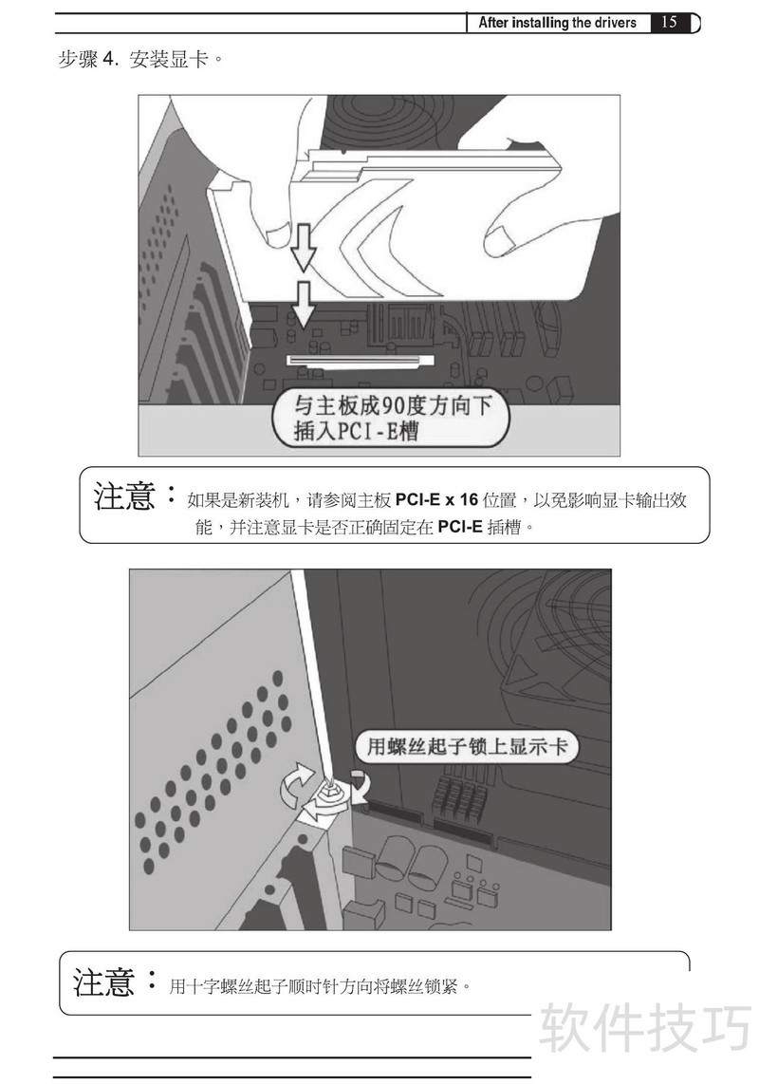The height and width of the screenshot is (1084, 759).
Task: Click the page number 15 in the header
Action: pos(669,22)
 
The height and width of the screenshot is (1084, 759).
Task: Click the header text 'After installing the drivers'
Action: pos(557,23)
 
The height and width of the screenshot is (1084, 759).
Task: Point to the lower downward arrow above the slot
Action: pos(303,302)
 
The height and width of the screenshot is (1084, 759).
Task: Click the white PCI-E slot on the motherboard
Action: pos(361,360)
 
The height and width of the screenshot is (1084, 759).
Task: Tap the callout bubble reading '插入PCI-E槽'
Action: pos(391,419)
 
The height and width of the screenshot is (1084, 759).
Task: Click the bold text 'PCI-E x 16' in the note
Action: pos(436,500)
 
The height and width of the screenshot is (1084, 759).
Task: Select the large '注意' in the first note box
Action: pos(124,496)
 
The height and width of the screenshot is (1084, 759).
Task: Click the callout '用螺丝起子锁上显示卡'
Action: pos(466,747)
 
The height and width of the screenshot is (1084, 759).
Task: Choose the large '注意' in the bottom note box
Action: pos(103,982)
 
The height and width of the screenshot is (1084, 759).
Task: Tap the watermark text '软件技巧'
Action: pos(645,1027)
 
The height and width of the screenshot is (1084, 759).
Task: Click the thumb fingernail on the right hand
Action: pos(499,241)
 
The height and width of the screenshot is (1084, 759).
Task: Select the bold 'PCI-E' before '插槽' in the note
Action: pos(460,528)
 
